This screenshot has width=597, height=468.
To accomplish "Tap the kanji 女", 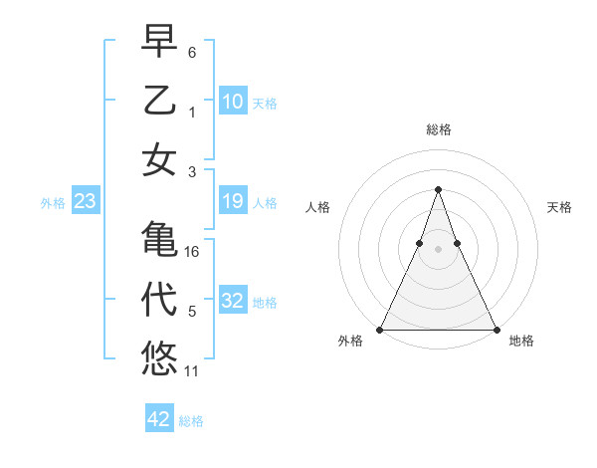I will coord(159,160).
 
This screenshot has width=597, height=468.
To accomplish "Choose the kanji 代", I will coord(159,300).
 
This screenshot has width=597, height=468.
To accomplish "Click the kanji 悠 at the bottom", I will coord(159,358).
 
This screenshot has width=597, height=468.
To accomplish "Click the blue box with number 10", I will coord(233,101).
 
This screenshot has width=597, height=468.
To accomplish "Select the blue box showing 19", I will coord(233,202).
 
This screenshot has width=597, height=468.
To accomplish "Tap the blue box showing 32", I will coord(233,302).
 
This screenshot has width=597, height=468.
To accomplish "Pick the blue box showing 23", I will coord(86,202).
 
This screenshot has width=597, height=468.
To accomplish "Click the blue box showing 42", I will coord(159,419).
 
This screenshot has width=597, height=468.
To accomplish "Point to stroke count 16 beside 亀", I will coord(192,252).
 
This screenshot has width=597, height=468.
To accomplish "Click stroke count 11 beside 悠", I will coord(192,371).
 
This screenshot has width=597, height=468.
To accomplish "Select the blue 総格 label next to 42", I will coord(191,421).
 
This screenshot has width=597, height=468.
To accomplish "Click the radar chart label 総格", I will coord(438,129).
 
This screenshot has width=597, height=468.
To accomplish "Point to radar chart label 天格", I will coord(560,207).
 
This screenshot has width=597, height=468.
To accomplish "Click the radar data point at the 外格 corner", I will coord(380,330).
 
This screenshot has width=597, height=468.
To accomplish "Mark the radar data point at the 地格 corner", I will coord(496,330).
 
